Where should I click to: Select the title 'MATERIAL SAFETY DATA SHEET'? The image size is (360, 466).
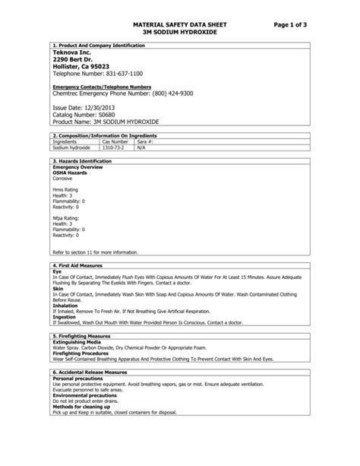tap(180, 26)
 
